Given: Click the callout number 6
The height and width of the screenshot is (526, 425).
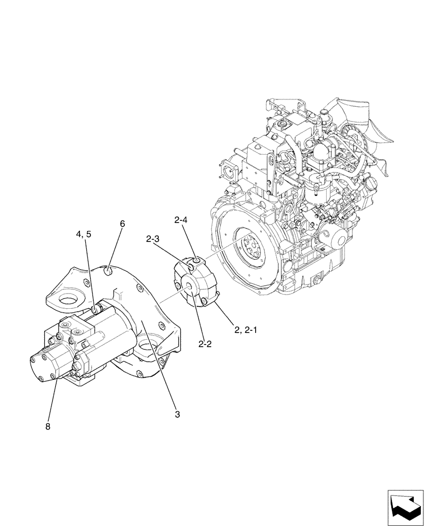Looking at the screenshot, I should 122,224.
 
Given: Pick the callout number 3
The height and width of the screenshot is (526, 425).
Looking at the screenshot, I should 177,414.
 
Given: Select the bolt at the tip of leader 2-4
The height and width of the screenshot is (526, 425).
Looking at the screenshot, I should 196,261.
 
